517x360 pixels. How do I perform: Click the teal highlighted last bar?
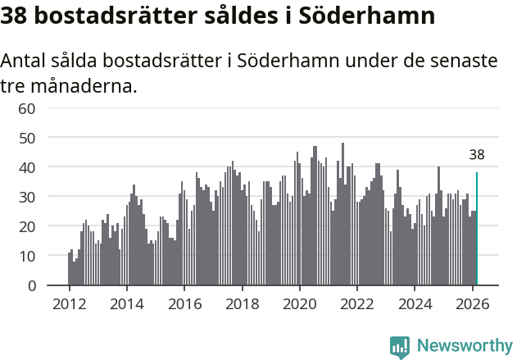click(477, 229)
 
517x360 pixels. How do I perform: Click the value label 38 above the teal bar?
click(477, 154)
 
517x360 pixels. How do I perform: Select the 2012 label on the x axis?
click(69, 303)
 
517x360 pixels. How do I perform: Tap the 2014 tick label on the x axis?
click(126, 303)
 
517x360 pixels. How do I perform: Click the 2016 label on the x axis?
click(184, 303)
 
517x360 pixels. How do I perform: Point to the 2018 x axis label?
click(242, 303)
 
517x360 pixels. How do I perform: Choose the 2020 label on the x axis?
click(299, 303)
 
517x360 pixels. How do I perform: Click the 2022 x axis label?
click(357, 303)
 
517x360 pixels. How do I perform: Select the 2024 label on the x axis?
click(415, 303)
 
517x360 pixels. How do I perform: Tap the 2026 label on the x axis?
click(472, 303)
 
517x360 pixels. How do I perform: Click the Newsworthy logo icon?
click(400, 346)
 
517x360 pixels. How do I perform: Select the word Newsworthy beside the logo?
click(465, 346)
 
